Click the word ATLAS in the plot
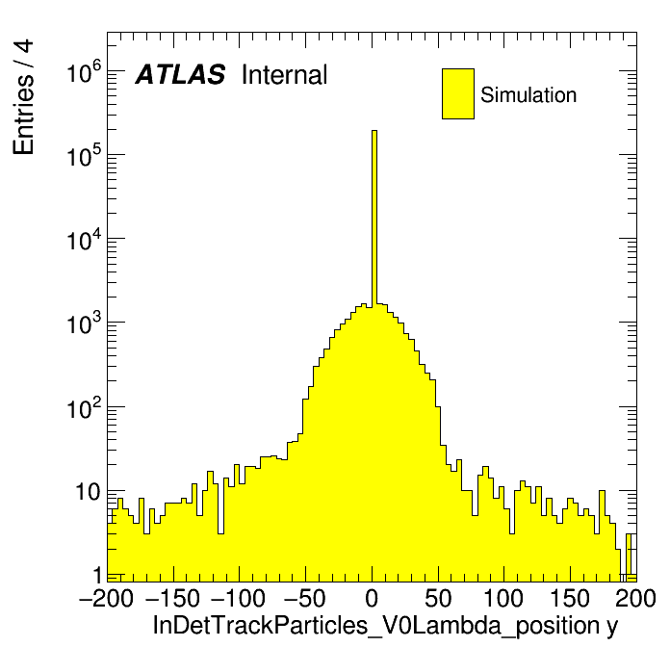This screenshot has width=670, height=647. [x=180, y=74]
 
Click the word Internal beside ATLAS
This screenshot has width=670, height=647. [x=285, y=74]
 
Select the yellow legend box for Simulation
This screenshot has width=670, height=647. [x=458, y=93]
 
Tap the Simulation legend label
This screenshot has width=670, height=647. [x=528, y=94]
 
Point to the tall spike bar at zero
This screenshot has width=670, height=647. [x=374, y=219]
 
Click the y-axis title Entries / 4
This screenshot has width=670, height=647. [x=23, y=97]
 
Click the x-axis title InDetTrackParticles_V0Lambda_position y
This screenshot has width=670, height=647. [x=385, y=626]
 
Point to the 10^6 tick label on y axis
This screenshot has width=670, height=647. [x=85, y=71]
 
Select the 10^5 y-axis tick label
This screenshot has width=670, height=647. [x=85, y=155]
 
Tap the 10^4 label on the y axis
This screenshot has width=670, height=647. [x=85, y=239]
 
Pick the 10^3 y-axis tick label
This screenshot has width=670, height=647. [x=85, y=323]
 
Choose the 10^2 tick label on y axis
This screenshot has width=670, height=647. [x=85, y=406]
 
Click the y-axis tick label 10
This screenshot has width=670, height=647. [x=89, y=492]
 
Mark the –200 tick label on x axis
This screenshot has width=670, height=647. [x=106, y=599]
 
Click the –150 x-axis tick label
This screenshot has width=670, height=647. [x=172, y=599]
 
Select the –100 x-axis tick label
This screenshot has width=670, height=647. [x=239, y=599]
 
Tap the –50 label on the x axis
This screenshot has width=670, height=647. [x=305, y=599]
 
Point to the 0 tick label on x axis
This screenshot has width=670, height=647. [x=372, y=599]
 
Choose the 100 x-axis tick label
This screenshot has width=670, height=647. [x=503, y=599]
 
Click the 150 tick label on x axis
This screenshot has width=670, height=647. [x=570, y=599]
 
